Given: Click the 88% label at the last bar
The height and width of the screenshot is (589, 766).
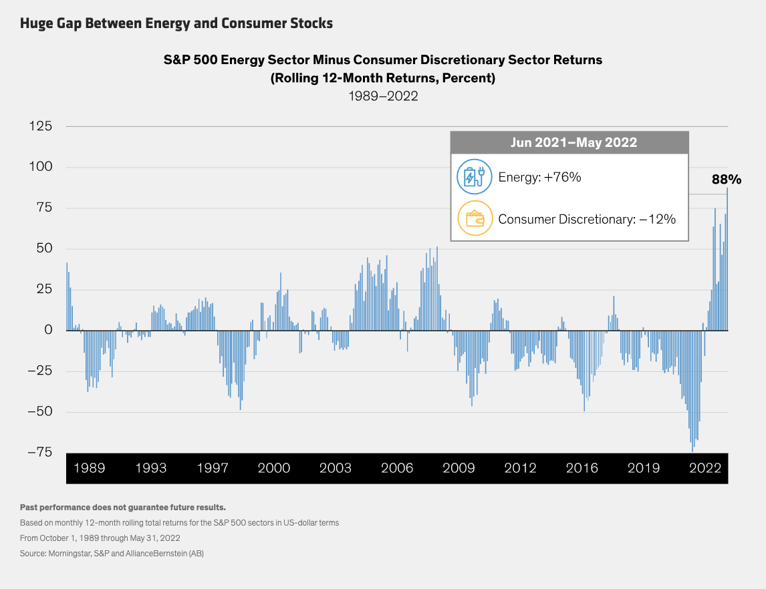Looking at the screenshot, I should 726,179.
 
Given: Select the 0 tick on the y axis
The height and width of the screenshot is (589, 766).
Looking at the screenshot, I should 47,330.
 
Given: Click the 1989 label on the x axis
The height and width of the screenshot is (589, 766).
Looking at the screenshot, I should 89,467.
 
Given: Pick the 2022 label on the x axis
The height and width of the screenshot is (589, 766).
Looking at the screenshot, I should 705,467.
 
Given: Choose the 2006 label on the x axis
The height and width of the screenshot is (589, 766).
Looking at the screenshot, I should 397,467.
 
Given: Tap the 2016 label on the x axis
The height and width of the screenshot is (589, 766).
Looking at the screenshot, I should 582,467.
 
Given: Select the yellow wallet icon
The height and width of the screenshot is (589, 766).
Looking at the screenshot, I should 474,219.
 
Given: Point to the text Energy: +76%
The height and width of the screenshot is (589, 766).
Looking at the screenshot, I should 539,178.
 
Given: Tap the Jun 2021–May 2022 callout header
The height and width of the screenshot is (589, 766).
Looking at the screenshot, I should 569,142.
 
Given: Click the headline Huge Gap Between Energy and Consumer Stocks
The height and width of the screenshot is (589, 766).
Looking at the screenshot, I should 176,23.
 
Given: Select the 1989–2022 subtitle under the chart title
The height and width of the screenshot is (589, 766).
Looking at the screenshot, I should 383,95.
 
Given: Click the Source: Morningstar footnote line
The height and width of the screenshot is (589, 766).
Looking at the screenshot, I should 112,554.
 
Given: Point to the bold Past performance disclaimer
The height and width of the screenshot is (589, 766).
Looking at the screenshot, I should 123,508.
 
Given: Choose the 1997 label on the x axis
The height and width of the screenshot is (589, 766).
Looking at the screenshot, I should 213,467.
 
